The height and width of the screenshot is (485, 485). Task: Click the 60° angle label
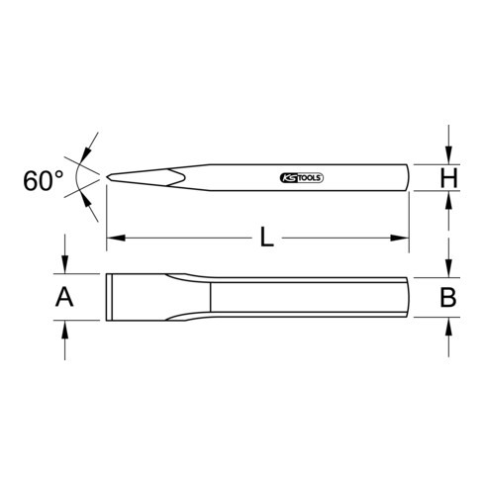tap(45, 180)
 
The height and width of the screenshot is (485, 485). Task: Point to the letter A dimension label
tap(64, 296)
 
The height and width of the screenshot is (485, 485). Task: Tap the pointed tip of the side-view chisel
tap(108, 178)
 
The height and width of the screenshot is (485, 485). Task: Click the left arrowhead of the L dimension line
tap(112, 237)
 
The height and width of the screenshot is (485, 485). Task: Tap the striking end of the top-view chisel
tap(407, 296)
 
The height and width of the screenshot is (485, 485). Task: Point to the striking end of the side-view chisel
tap(407, 178)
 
